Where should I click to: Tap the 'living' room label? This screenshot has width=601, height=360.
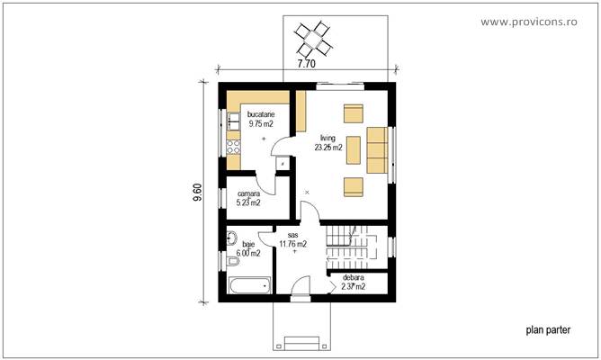pos(327,138)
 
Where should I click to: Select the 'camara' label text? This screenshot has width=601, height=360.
pos(248,193)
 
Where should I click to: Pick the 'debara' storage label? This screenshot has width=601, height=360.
pos(354,278)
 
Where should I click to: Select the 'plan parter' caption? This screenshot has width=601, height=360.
pos(548,329)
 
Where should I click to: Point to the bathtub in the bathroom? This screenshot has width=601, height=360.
pos(248,286)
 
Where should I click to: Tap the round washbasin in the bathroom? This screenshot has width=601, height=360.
pos(231,239)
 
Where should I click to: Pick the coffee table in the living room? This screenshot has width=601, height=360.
pos(353,150)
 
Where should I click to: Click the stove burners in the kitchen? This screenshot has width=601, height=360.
pos(232,143)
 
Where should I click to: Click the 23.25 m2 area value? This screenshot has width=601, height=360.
pos(327,147)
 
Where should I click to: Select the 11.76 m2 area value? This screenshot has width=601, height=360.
pos(293,243)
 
